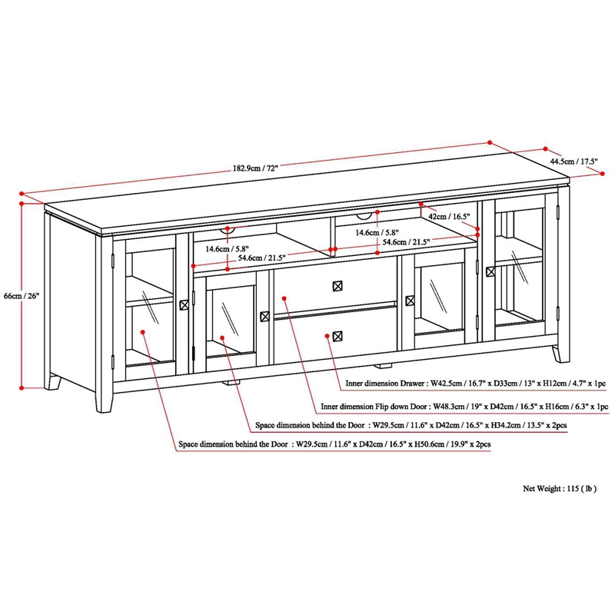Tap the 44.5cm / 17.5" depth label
tap(573, 161)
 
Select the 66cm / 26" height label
tap(21, 295)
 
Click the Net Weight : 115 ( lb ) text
tap(560, 488)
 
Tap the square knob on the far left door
tap(184, 305)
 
